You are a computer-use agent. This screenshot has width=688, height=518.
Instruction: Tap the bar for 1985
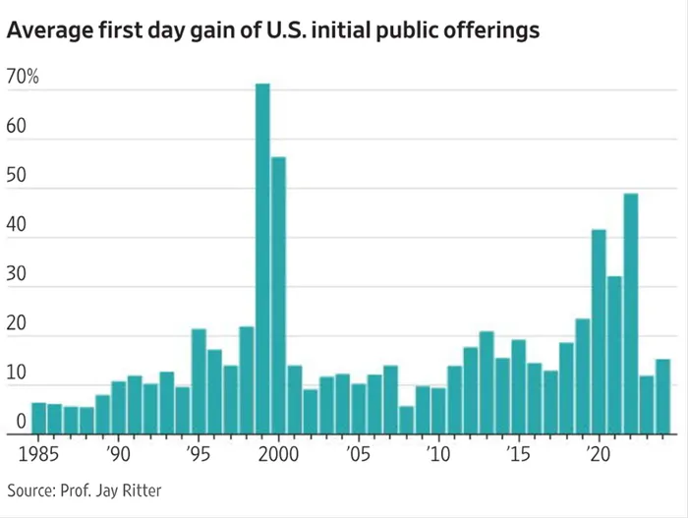(39, 419)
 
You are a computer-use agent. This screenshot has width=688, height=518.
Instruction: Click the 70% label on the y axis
(22, 78)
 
